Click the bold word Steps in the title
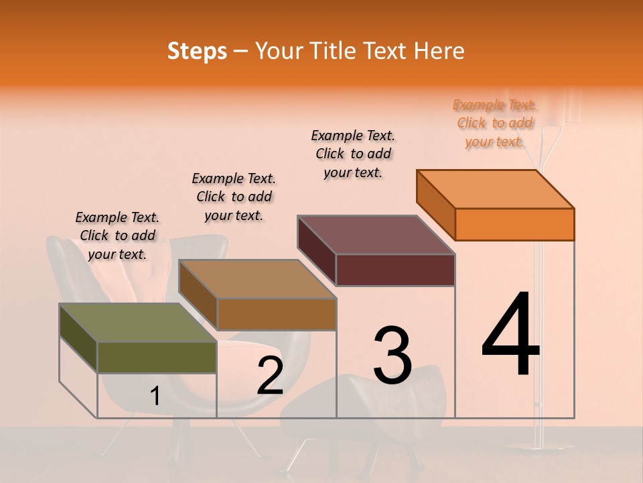pyautogui.click(x=197, y=51)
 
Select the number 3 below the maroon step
pyautogui.click(x=392, y=355)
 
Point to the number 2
pyautogui.click(x=270, y=376)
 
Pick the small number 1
pyautogui.click(x=155, y=396)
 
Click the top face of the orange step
pyautogui.click(x=496, y=189)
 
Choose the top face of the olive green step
pyautogui.click(x=138, y=323)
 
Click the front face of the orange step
pyautogui.click(x=514, y=224)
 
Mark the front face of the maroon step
pyautogui.click(x=395, y=270)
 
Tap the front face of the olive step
pyautogui.click(x=157, y=357)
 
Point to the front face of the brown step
pyautogui.click(x=276, y=314)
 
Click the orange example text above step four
pyautogui.click(x=494, y=123)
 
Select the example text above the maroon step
pyautogui.click(x=353, y=154)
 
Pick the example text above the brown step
pyautogui.click(x=234, y=197)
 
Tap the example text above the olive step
pyautogui.click(x=117, y=235)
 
